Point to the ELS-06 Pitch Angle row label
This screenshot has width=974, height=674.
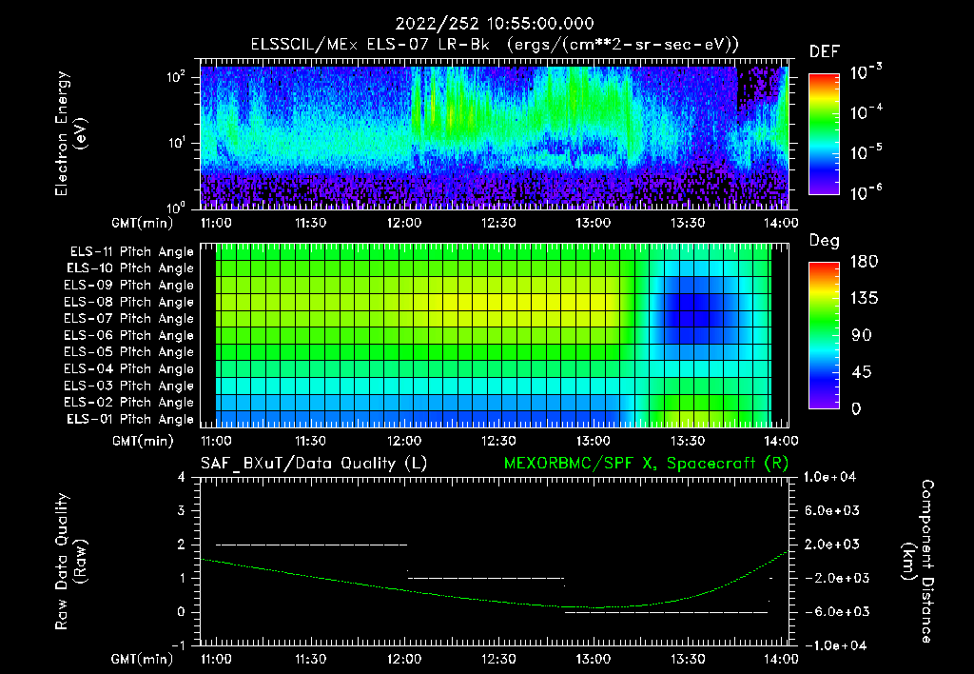[x=129, y=335]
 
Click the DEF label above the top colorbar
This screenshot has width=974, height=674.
[x=824, y=52]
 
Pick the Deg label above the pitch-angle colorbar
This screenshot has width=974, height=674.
[x=824, y=241]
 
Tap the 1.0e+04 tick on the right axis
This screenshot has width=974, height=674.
[x=833, y=477]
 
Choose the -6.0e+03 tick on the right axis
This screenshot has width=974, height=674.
[x=833, y=611]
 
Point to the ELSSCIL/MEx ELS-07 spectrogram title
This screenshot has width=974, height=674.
[x=495, y=44]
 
